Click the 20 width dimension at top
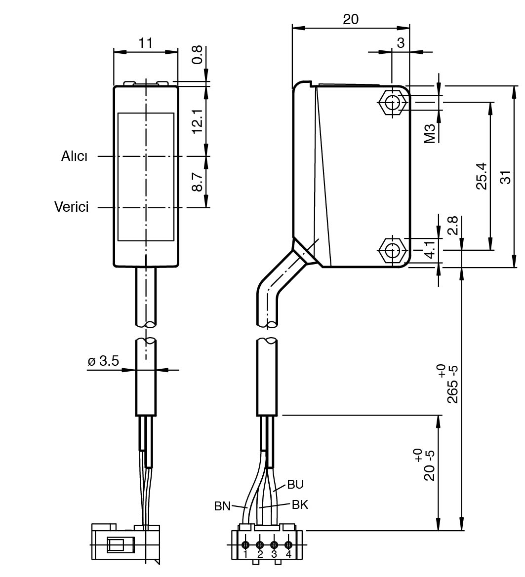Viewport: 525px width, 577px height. [x=351, y=19]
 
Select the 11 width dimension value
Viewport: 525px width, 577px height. [x=145, y=43]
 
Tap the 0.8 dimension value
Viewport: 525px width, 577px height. [x=198, y=55]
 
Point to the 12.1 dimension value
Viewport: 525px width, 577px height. [x=198, y=121]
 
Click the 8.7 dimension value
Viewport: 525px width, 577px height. [x=198, y=182]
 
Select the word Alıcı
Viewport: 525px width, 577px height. [x=75, y=156]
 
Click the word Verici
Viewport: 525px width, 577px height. [x=72, y=207]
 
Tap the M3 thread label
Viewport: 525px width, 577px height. [x=429, y=133]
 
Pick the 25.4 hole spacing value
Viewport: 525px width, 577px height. [x=481, y=176]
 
